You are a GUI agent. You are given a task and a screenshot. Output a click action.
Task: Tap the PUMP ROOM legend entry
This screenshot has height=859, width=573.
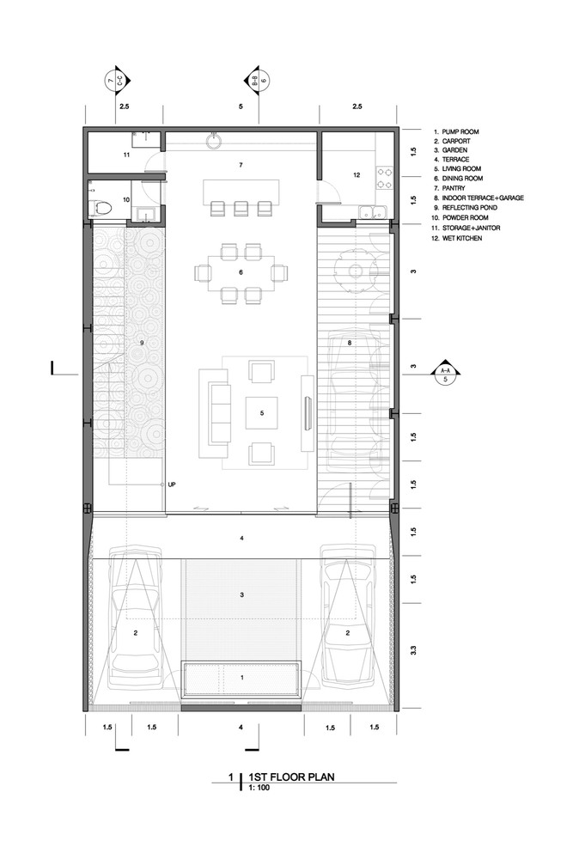(x=456, y=132)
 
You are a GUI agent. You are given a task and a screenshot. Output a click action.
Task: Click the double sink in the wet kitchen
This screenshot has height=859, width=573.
(x=373, y=212)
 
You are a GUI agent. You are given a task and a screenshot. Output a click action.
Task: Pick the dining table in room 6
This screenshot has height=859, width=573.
(x=241, y=273)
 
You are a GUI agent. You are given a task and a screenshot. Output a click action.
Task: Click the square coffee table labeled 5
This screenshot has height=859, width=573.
(x=261, y=413)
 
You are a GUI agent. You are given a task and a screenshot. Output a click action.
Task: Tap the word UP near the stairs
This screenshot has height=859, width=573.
(x=172, y=484)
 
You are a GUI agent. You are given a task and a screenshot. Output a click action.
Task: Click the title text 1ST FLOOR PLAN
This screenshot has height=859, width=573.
(x=291, y=777)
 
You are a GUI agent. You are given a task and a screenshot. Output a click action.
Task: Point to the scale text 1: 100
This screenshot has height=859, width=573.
(x=259, y=788)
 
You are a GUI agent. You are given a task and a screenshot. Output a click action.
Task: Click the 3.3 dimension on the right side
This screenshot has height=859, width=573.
(x=413, y=650)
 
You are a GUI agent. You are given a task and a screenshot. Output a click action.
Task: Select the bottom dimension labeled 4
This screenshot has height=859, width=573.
(x=241, y=728)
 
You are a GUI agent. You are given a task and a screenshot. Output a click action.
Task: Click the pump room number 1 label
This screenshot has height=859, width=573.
(x=242, y=678)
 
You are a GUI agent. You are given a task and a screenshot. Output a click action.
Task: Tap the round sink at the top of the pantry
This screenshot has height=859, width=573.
(x=214, y=142)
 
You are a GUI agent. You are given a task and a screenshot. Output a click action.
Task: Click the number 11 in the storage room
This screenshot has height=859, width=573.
(x=126, y=155)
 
